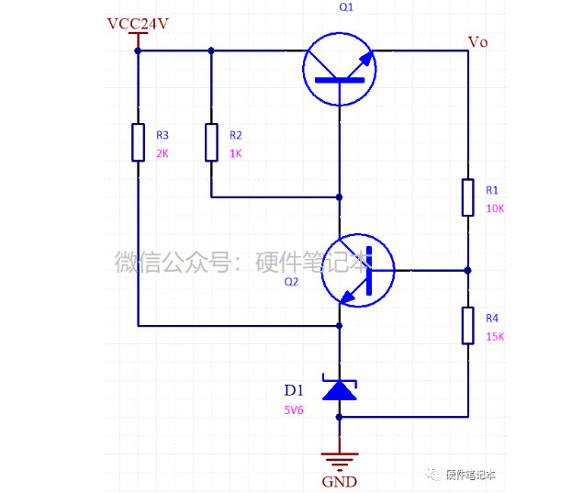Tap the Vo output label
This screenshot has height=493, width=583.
pos(477,41)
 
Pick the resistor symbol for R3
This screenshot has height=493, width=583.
pos(138,142)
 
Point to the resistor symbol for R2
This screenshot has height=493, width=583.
pos(211,142)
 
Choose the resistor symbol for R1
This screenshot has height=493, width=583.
pos(467,196)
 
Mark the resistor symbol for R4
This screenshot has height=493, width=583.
pos(467,325)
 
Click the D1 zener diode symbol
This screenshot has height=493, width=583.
pos(340,389)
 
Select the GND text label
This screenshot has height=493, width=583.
pos(340,481)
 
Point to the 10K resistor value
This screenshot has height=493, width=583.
pos(494,208)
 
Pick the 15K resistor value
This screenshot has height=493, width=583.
pos(494,337)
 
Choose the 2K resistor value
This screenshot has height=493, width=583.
pos(163,153)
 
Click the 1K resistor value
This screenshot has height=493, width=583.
pos(235,153)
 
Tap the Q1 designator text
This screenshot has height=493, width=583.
pos(345,6)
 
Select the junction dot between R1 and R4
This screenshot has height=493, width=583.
pos(467,271)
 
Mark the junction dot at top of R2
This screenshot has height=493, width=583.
pos(211,51)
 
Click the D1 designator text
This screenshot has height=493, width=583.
pos(293,389)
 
